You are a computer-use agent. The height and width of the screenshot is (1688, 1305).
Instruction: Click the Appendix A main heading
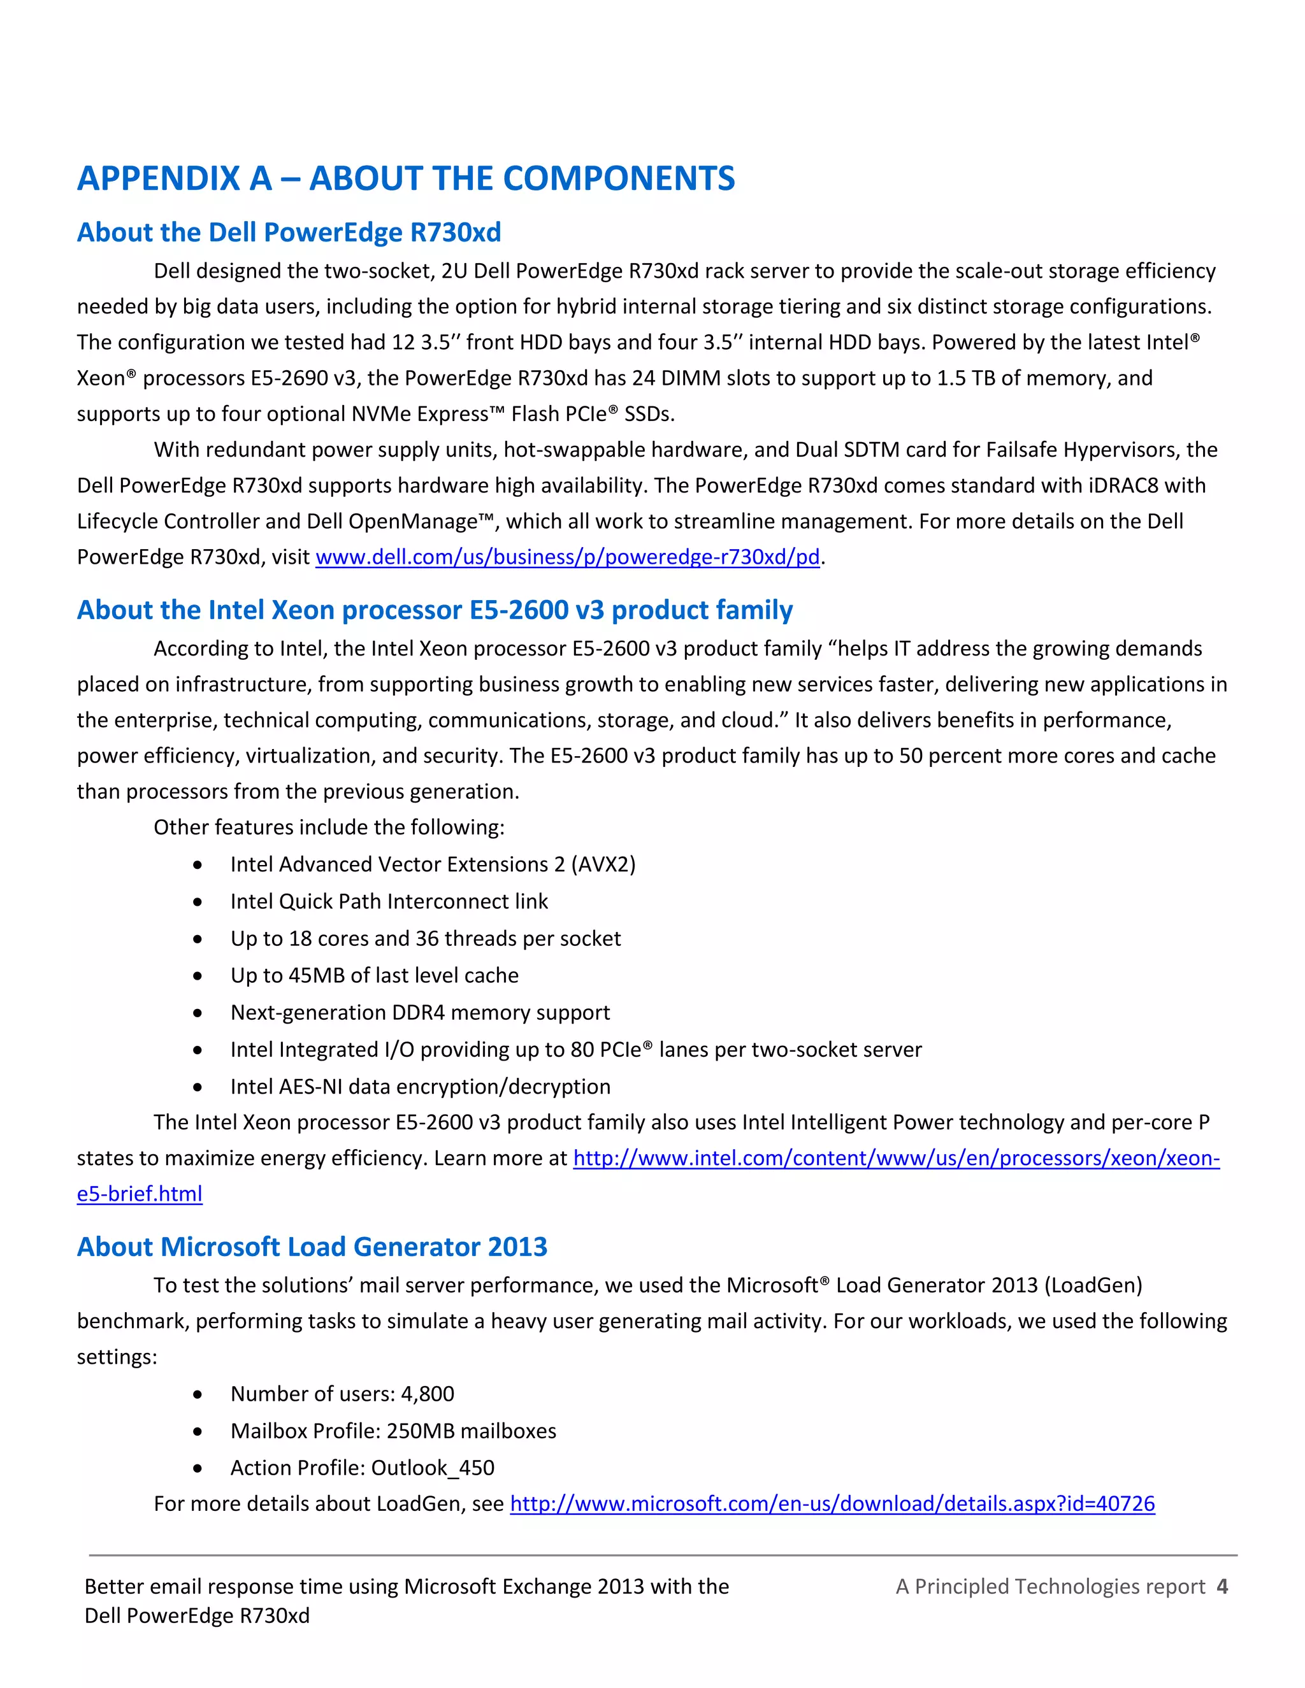(406, 178)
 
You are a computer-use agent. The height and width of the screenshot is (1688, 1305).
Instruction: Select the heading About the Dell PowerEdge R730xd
(289, 232)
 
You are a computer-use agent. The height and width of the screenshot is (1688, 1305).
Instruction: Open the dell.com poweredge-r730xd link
(568, 557)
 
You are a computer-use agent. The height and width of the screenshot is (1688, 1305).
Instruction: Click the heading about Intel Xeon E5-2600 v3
(435, 610)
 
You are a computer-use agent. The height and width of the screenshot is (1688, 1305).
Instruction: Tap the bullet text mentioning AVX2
(433, 864)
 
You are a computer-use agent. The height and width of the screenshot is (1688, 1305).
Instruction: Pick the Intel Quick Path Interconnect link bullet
(389, 901)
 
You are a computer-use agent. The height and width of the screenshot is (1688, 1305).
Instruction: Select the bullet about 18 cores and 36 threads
(425, 938)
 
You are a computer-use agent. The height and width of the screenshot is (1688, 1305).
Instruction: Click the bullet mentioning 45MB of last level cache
(374, 975)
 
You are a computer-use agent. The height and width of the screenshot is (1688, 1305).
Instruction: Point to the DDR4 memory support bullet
(420, 1013)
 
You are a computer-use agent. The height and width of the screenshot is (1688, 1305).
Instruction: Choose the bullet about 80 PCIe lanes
(576, 1050)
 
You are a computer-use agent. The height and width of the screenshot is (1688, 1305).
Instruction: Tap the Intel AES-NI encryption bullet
(420, 1087)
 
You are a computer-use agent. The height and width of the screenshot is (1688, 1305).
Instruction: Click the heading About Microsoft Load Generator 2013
(312, 1247)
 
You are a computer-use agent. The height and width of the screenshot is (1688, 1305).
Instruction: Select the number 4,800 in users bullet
(428, 1394)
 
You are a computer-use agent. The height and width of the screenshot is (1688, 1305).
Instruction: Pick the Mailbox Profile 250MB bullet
(393, 1431)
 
